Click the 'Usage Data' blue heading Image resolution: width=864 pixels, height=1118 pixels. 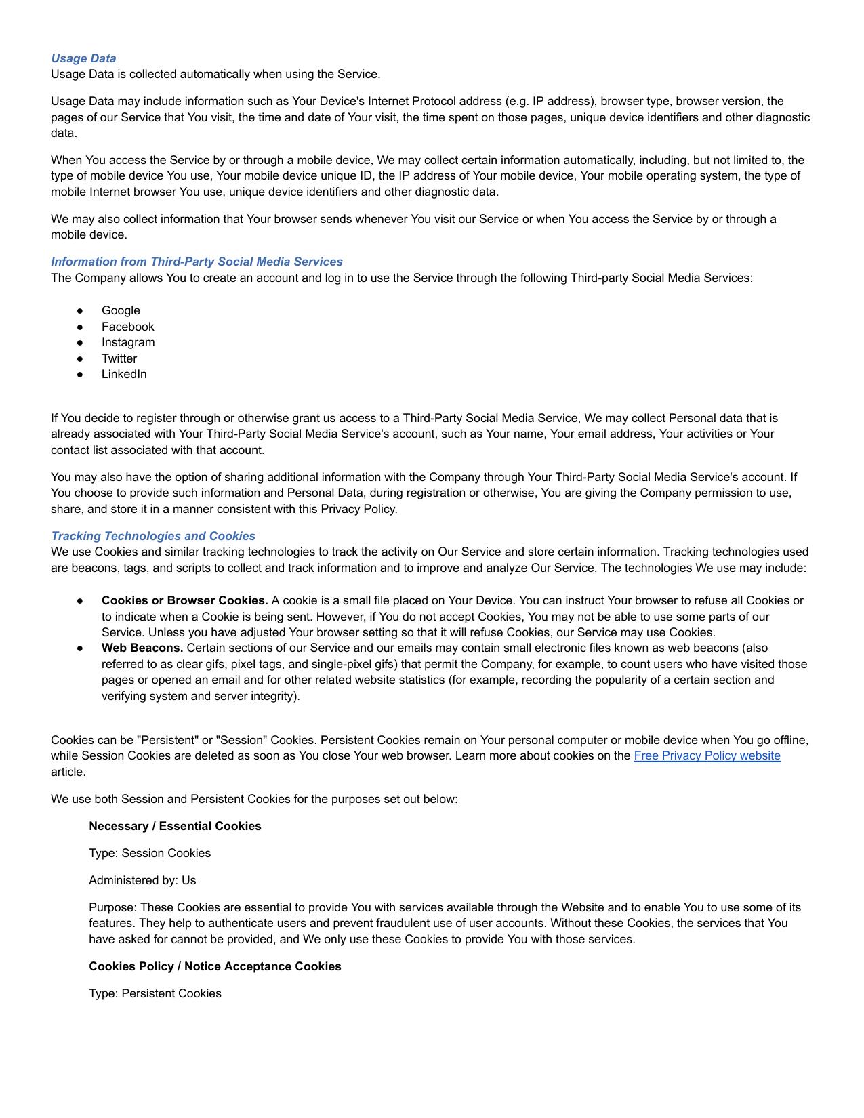click(83, 58)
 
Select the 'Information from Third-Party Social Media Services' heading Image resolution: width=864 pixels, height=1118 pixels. click(197, 262)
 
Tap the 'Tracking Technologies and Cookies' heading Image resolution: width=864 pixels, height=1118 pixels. click(153, 536)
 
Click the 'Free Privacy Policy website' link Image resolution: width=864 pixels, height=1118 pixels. click(707, 755)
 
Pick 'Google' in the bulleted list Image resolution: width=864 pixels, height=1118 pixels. click(121, 310)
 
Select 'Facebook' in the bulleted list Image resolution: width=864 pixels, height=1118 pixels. click(127, 327)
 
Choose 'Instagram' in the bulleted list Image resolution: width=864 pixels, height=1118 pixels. click(128, 342)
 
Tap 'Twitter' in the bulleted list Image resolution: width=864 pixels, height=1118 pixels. click(119, 358)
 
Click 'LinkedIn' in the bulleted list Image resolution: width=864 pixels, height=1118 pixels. click(124, 374)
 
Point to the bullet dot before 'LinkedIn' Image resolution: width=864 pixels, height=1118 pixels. click(80, 374)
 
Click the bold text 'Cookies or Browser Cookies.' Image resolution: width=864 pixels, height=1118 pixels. click(184, 600)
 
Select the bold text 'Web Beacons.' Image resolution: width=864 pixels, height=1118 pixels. click(142, 648)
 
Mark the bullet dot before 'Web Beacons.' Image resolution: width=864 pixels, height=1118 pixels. click(80, 648)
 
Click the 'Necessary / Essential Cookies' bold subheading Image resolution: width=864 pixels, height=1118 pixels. click(175, 826)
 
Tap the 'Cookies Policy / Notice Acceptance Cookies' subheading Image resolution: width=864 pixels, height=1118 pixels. click(215, 966)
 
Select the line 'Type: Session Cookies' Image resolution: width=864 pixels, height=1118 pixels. click(150, 853)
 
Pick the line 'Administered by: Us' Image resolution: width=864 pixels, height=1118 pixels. click(142, 880)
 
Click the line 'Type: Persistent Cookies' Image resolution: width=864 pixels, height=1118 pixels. click(155, 993)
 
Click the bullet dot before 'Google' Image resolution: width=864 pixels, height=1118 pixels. click(80, 310)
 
